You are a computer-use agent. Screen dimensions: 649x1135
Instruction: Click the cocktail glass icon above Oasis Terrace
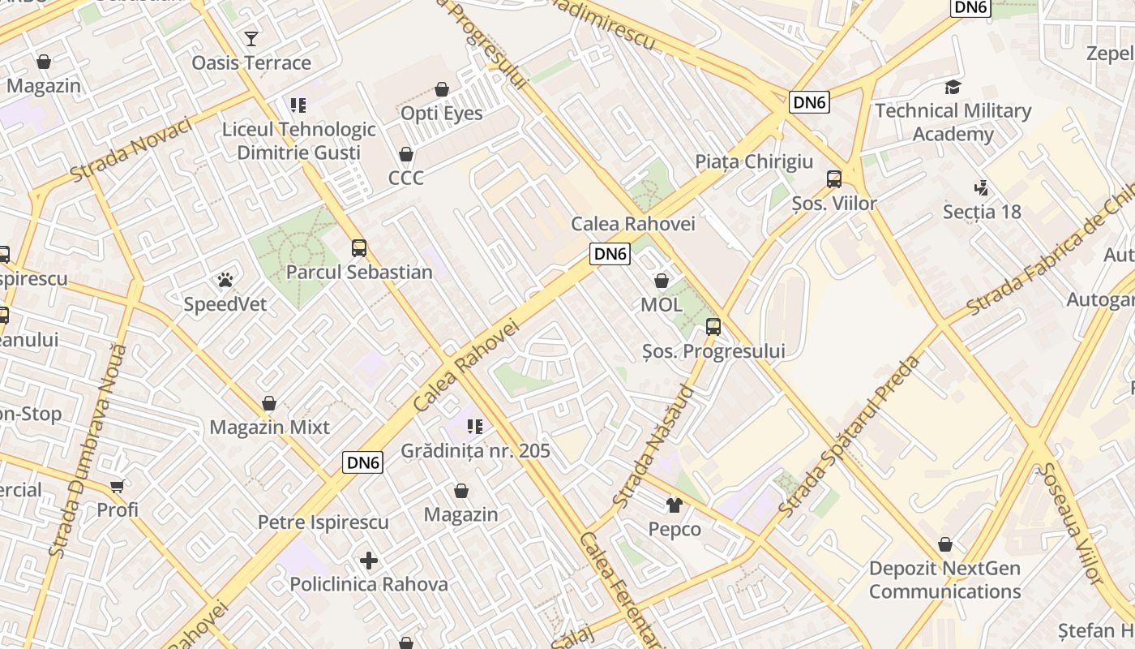tap(251, 38)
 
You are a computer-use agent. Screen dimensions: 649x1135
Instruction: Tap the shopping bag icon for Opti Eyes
tap(442, 89)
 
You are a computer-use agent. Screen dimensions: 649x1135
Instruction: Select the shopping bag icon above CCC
tap(406, 154)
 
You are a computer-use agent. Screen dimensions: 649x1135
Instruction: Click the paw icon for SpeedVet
tap(225, 281)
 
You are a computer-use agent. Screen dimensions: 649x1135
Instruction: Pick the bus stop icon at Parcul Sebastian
tap(359, 248)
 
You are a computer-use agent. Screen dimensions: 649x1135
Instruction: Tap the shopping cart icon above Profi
tap(118, 486)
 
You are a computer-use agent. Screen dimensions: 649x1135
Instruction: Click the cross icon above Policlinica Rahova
tap(369, 561)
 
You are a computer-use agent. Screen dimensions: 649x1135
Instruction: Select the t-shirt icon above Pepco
tap(675, 505)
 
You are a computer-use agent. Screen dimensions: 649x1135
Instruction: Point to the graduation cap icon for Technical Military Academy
tap(953, 87)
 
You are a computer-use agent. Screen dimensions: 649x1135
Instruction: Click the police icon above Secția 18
tap(982, 188)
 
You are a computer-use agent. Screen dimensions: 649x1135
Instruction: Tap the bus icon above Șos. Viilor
tap(834, 179)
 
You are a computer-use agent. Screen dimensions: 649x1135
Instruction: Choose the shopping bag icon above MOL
tap(662, 282)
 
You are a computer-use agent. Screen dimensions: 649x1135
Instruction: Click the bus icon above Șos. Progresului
tap(713, 327)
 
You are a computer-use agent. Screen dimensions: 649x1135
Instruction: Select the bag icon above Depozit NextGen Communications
tap(945, 544)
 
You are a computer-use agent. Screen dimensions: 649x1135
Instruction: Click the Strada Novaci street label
tap(131, 150)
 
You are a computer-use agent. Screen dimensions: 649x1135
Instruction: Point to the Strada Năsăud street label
tap(653, 447)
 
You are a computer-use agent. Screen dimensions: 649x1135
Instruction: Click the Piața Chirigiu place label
tap(754, 161)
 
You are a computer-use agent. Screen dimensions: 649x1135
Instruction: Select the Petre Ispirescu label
tap(323, 522)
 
